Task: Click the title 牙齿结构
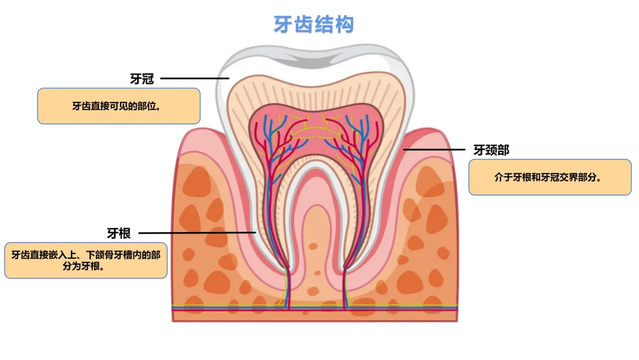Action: (314, 25)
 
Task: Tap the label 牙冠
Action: (142, 79)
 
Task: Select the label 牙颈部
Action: (491, 150)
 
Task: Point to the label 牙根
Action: (119, 233)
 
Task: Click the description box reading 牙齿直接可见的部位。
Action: (118, 107)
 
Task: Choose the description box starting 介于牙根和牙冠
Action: (550, 177)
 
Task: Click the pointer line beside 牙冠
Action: (195, 78)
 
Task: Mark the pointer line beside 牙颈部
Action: (434, 150)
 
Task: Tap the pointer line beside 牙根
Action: (197, 233)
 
